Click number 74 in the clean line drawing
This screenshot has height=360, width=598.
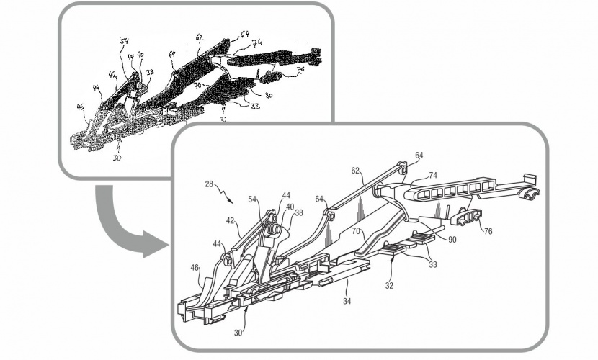click(x=433, y=175)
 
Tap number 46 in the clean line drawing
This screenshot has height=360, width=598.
click(x=194, y=268)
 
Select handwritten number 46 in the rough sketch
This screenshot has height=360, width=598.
click(x=81, y=108)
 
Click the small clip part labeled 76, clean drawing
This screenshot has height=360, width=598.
click(x=467, y=216)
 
